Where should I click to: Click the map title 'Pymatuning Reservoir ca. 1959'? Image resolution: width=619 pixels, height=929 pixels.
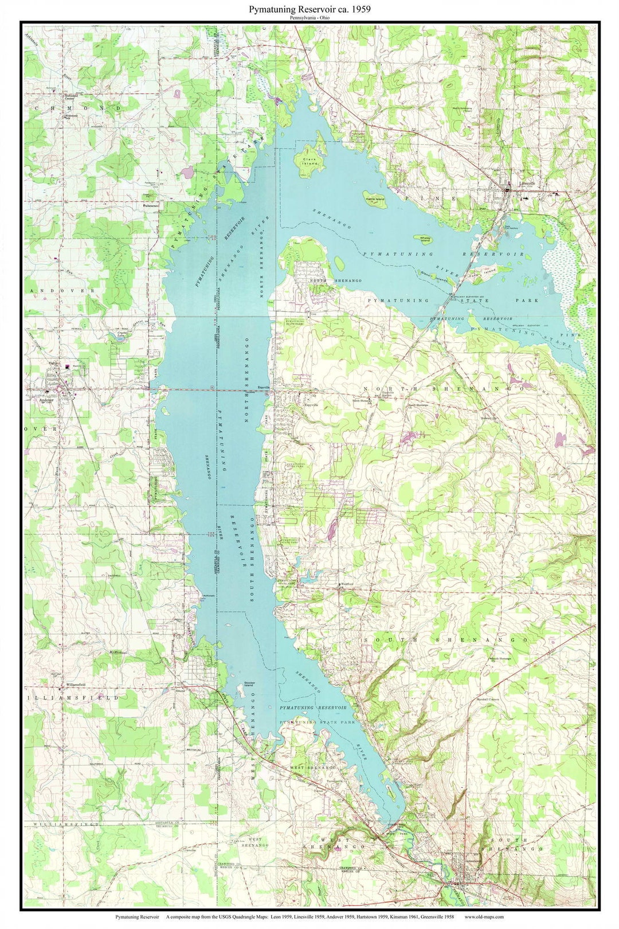(x=309, y=10)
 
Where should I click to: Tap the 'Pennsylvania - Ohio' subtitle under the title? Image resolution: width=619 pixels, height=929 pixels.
(x=309, y=18)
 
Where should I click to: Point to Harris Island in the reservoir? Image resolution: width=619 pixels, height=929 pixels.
(x=375, y=199)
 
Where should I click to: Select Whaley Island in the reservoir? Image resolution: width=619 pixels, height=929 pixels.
(x=425, y=237)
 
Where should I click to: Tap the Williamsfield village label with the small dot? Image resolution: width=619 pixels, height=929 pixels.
(x=75, y=685)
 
